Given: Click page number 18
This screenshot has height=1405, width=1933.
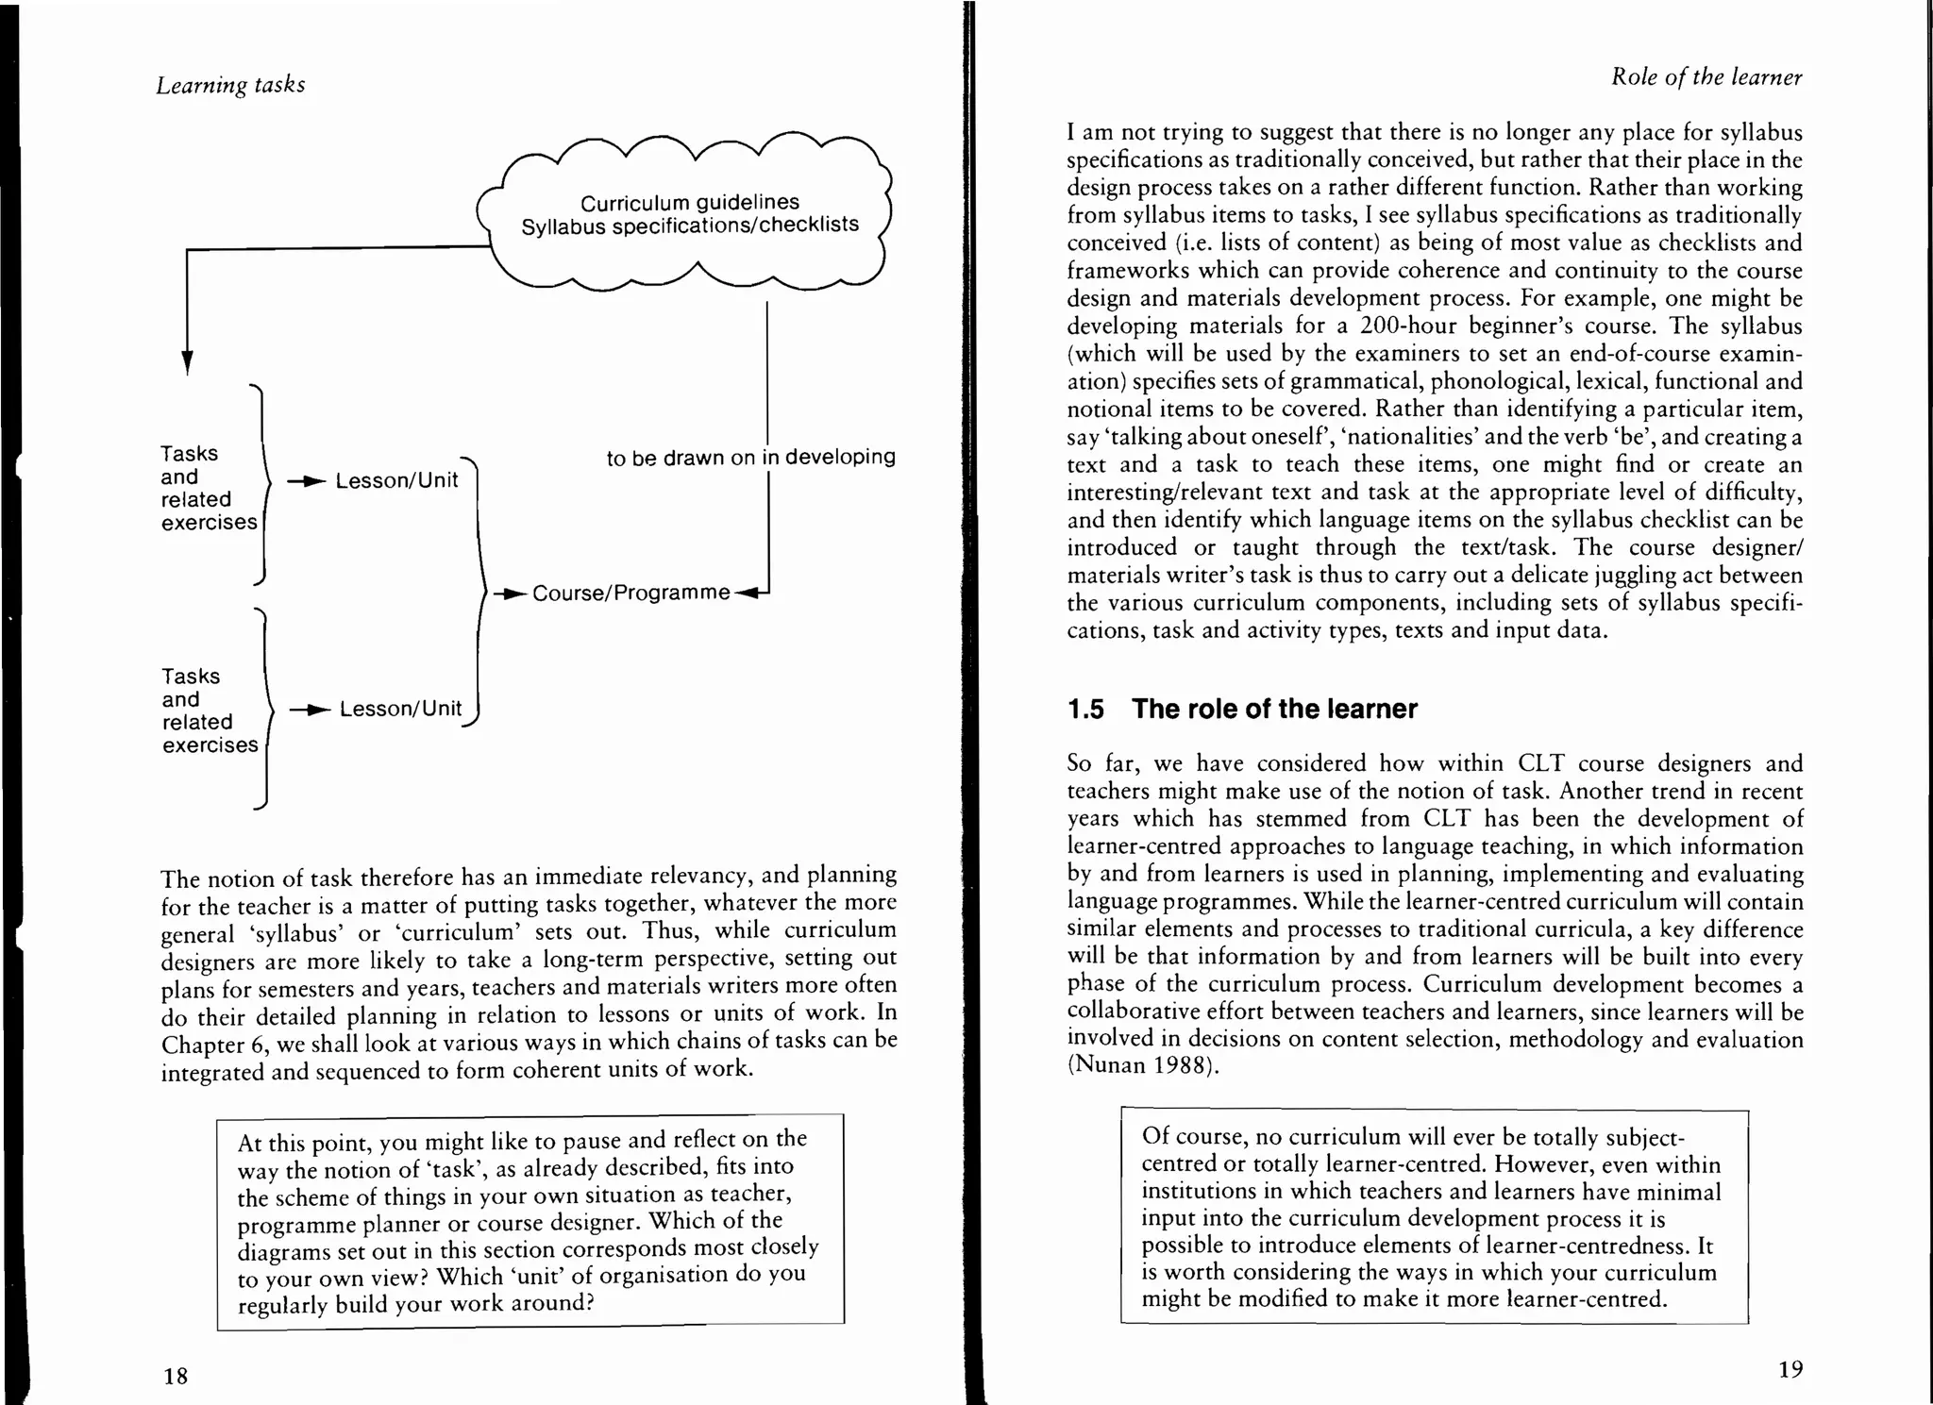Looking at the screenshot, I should pos(176,1376).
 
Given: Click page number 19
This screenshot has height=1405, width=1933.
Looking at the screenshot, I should pos(1790,1369).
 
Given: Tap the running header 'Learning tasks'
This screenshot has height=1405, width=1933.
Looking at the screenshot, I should pos(230,85).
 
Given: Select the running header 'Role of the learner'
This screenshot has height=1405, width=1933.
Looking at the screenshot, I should pos(1706,77).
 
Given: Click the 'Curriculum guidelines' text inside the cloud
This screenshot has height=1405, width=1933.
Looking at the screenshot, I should pos(689,202).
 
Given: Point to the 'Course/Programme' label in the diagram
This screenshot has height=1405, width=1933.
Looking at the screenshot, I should pos(630,593).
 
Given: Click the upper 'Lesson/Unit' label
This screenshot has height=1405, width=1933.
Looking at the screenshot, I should pos(396,480).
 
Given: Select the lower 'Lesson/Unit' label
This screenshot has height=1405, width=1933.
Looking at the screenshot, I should pos(400,709).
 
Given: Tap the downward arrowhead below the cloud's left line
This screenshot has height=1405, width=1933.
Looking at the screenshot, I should pos(187,362).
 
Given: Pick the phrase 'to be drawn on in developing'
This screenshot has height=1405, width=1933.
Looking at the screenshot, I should pos(750,458).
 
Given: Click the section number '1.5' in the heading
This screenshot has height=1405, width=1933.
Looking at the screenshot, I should pos(1085,710).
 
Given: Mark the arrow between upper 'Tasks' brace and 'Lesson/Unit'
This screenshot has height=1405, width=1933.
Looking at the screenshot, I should pos(306,481).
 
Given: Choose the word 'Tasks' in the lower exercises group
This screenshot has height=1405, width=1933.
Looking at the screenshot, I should pos(191,677).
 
